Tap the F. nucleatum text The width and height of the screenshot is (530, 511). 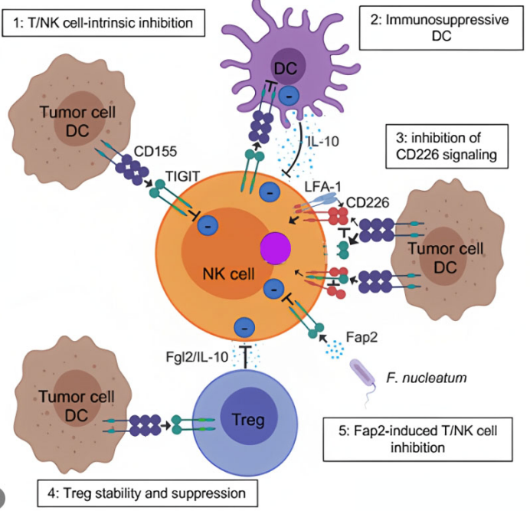tap(422, 376)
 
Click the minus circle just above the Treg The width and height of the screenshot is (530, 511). tap(244, 325)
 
